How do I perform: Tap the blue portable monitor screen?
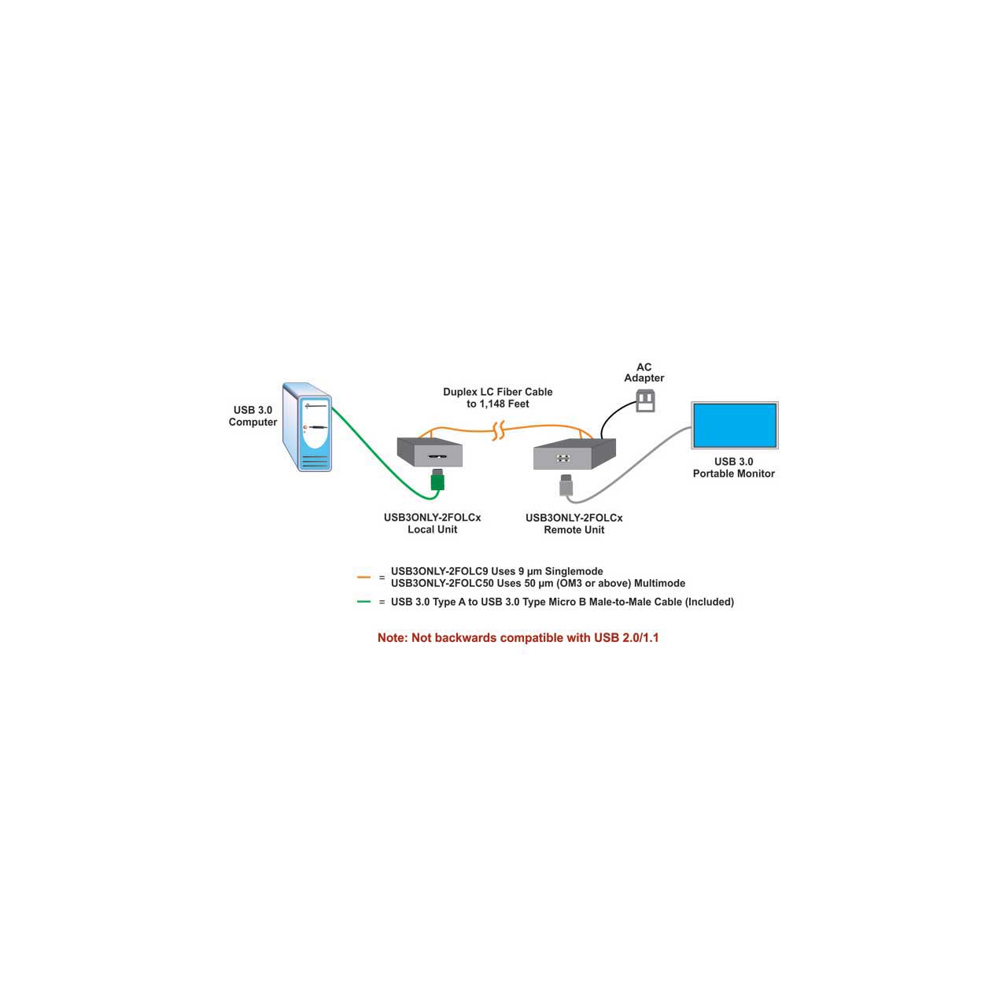click(734, 426)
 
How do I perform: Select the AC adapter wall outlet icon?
click(646, 401)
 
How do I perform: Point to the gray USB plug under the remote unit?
click(565, 485)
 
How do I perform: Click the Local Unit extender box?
click(430, 452)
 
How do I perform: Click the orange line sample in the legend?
click(363, 577)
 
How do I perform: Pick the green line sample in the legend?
click(363, 602)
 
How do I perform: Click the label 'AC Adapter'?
click(644, 373)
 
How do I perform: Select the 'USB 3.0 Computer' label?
click(253, 416)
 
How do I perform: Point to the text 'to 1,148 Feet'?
click(498, 404)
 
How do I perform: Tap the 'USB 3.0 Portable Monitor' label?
click(734, 467)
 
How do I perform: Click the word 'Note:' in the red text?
click(393, 638)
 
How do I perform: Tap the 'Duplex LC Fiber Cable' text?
click(498, 392)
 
